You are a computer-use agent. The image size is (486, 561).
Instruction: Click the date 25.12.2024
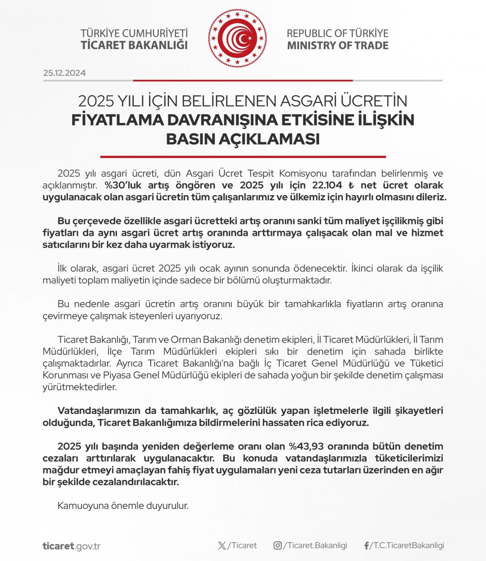click(65, 73)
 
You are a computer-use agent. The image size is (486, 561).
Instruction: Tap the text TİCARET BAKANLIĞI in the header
click(134, 45)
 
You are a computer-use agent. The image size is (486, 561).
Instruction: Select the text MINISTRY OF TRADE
click(338, 46)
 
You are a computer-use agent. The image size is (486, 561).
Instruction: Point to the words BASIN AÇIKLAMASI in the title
click(243, 139)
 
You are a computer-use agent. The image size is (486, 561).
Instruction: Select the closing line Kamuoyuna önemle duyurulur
click(123, 506)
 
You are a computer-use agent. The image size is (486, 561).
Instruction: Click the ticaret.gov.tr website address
click(71, 546)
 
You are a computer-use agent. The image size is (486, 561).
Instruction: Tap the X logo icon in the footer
click(222, 546)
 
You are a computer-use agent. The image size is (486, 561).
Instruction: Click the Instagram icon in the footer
click(278, 546)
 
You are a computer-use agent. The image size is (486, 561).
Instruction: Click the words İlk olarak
click(78, 268)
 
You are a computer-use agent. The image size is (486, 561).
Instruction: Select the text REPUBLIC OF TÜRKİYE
click(338, 33)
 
